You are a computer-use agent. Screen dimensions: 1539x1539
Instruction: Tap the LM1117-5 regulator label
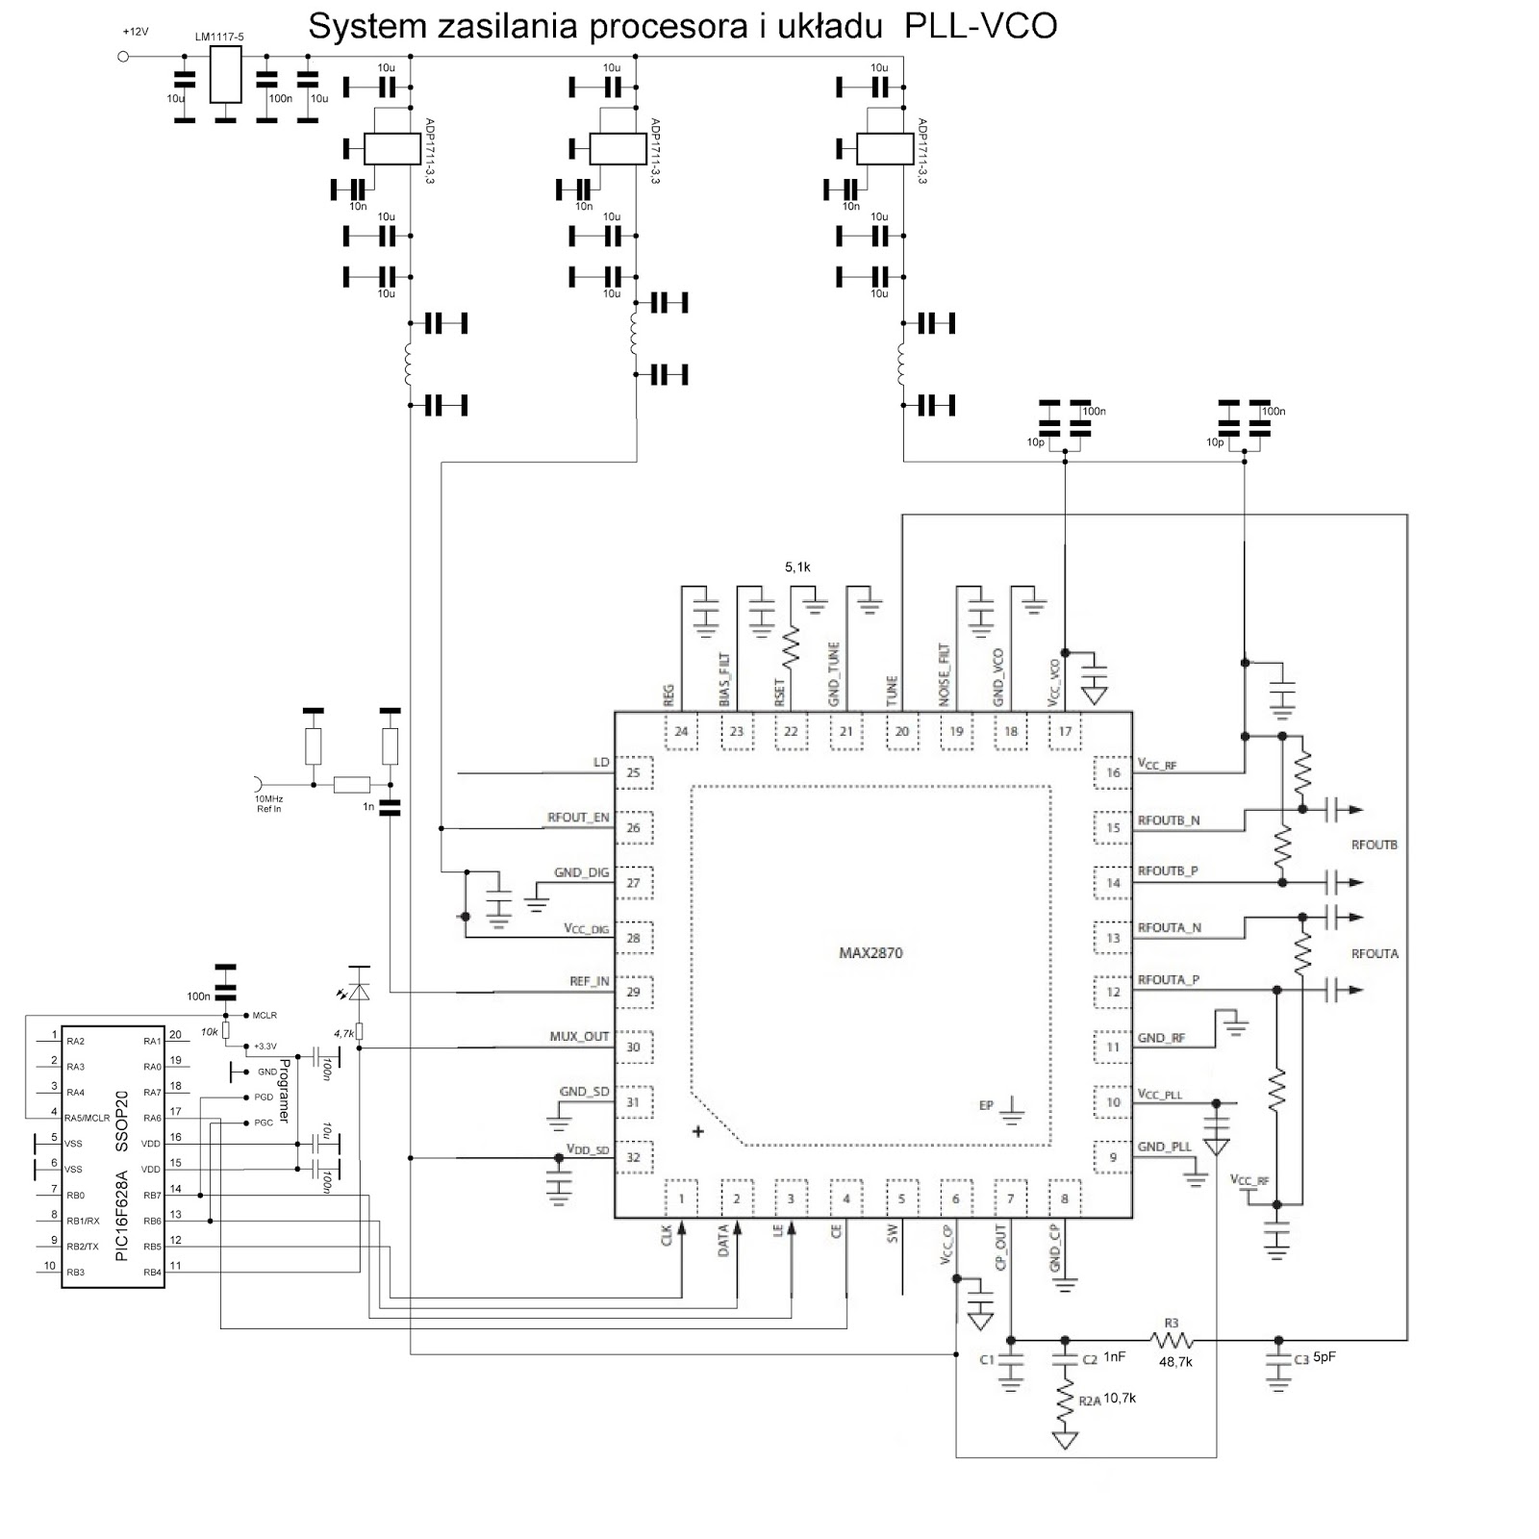(218, 37)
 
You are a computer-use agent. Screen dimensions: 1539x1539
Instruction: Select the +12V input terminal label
(136, 32)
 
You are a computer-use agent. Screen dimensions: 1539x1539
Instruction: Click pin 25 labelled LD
(633, 772)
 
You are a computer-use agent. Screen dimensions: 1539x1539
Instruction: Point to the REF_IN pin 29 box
(633, 992)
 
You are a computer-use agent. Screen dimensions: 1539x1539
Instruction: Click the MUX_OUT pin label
(579, 1036)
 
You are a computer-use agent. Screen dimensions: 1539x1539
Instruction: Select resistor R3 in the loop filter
(1172, 1339)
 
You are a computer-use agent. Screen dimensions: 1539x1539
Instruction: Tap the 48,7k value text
(1175, 1362)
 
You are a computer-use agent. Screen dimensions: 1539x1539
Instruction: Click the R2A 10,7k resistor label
(1106, 1400)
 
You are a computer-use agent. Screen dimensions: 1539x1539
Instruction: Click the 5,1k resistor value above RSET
(797, 568)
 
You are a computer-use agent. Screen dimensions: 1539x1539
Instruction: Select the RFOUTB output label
(1374, 845)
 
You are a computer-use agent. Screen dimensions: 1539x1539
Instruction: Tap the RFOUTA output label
(1375, 953)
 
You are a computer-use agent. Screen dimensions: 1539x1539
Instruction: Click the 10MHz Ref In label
(269, 804)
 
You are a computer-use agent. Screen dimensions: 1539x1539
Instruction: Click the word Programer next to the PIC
(284, 1091)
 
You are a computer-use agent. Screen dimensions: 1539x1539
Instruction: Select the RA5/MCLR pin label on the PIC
(88, 1118)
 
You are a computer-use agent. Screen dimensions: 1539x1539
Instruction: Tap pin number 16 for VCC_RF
(1113, 772)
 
